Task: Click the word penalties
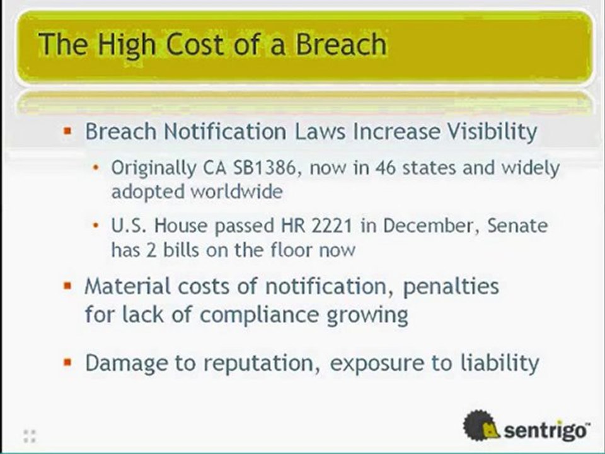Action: pyautogui.click(x=451, y=287)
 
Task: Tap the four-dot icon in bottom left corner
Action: pyautogui.click(x=29, y=435)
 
